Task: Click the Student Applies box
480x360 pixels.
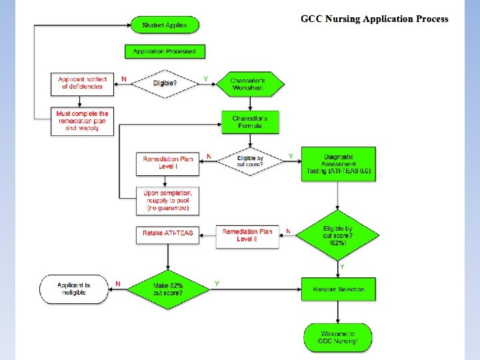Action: (164, 25)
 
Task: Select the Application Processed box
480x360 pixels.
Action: (164, 51)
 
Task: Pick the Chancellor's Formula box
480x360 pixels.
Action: (250, 122)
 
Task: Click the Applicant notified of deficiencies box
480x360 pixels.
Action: (81, 83)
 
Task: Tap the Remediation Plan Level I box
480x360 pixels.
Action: (168, 162)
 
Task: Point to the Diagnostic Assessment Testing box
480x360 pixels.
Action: (338, 163)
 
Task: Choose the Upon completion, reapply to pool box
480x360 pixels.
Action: (168, 201)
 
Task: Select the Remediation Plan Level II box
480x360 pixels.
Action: (247, 236)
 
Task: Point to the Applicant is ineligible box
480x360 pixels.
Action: (73, 289)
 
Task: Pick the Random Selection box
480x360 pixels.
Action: (338, 289)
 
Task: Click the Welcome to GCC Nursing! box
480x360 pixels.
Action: (337, 337)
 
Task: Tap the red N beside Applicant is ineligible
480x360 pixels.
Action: (119, 283)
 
